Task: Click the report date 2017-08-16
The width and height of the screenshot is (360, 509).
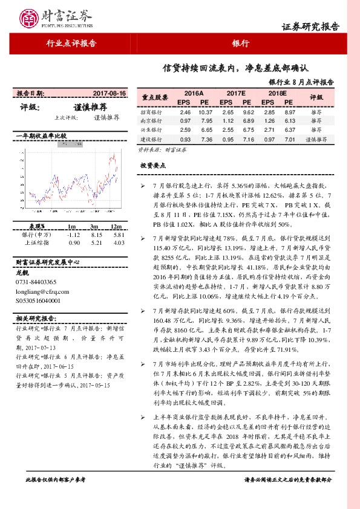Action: [x=110, y=94]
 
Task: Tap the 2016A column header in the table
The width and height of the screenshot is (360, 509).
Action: [x=194, y=94]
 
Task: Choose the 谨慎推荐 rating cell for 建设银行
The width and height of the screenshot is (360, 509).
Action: [x=316, y=139]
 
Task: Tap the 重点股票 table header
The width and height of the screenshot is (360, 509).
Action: [x=155, y=97]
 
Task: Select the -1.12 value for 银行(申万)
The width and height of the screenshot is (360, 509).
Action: [x=74, y=235]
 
